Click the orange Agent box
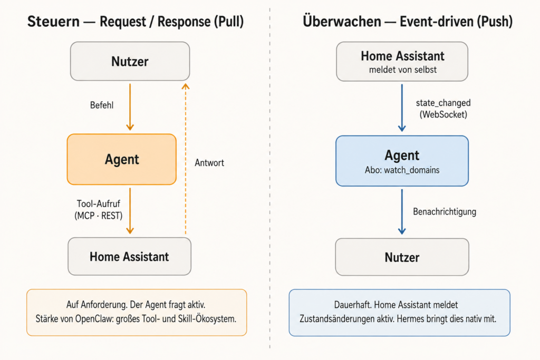(x=122, y=159)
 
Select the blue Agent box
(x=402, y=161)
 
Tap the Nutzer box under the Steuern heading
(x=130, y=61)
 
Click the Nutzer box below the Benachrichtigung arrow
(x=402, y=257)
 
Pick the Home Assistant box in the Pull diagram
(x=130, y=256)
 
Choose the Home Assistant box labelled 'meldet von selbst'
(x=402, y=61)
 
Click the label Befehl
(x=102, y=105)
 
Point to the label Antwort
(x=209, y=162)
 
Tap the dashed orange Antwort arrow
(x=186, y=159)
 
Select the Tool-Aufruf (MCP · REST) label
(x=99, y=210)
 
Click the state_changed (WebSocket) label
(x=443, y=109)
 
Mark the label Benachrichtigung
(x=445, y=211)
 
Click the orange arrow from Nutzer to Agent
(x=130, y=107)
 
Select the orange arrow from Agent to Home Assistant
(x=130, y=211)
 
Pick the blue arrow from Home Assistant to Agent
(x=402, y=108)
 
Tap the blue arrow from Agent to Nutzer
(x=402, y=212)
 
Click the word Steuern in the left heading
(x=53, y=21)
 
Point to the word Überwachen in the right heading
(x=342, y=21)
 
